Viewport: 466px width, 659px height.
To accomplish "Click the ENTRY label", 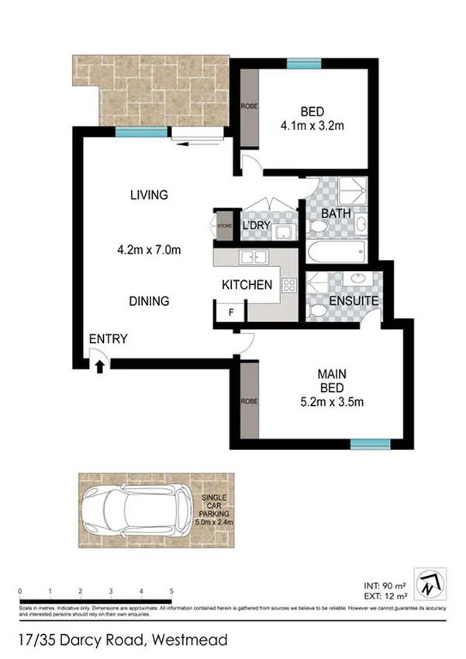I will (x=108, y=338).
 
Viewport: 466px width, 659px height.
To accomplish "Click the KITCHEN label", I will (x=247, y=285).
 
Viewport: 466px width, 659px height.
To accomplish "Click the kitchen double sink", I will (x=254, y=257).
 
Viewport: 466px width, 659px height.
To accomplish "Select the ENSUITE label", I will (x=354, y=300).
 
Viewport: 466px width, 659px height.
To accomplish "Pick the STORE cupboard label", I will (x=224, y=226).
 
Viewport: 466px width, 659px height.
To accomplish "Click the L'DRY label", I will (x=255, y=225).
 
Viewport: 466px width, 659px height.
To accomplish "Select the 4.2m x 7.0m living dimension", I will (x=148, y=250).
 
